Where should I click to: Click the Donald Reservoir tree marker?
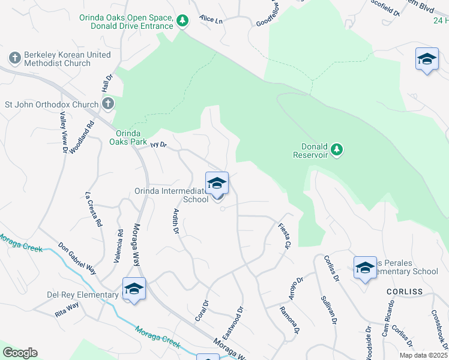[x=337, y=149]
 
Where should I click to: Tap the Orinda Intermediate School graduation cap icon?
[x=217, y=182]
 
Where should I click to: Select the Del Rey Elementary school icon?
[x=134, y=289]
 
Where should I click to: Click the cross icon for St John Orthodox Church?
[x=108, y=104]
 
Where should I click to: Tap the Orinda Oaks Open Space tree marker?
[x=183, y=22]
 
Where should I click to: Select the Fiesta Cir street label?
[x=284, y=236]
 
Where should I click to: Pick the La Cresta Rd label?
[x=93, y=209]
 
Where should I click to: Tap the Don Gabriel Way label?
[x=77, y=258]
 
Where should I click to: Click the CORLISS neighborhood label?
[x=405, y=292]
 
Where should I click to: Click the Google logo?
[x=20, y=353]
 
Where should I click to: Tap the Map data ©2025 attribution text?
[x=423, y=355]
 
